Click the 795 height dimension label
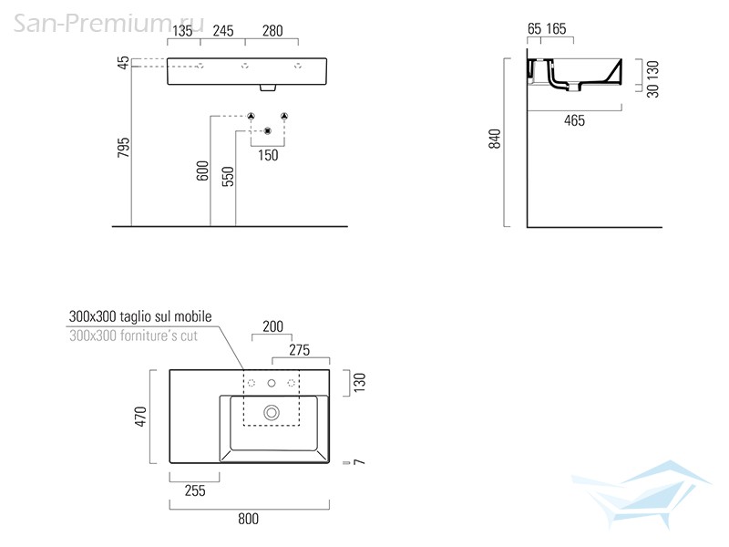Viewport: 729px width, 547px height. tap(123, 148)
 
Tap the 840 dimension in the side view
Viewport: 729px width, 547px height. tap(495, 139)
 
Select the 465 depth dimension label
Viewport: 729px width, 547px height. tap(574, 121)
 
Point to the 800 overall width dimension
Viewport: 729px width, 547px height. tap(248, 519)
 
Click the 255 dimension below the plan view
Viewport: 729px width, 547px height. tap(195, 490)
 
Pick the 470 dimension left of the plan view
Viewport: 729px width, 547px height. tap(140, 417)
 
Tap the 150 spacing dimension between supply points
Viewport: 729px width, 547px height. tap(268, 155)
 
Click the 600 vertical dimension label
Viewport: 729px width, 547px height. tap(202, 170)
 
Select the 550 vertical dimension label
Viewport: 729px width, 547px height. tap(228, 176)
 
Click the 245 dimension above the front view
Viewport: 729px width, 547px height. tap(223, 31)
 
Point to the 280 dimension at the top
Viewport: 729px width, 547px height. tap(272, 31)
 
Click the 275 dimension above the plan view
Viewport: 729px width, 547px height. tap(300, 350)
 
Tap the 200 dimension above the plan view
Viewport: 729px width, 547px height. tap(272, 326)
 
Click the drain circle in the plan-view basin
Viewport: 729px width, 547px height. tap(272, 413)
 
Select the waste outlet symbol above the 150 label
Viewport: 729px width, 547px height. tap(267, 131)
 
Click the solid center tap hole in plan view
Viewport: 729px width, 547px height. tap(272, 383)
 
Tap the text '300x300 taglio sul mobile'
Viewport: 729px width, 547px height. tap(140, 316)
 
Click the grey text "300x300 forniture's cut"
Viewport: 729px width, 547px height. tap(133, 335)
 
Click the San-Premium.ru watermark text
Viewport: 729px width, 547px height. tap(108, 24)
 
